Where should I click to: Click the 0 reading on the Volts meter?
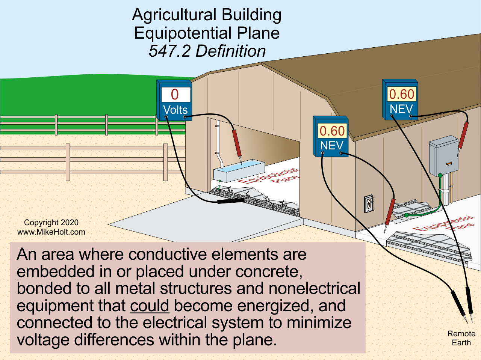(x=175, y=94)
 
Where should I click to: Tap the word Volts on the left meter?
(x=175, y=110)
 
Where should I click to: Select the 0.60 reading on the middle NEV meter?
(x=332, y=131)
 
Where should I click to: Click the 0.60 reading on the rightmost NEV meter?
(x=401, y=94)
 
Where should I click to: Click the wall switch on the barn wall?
(x=369, y=204)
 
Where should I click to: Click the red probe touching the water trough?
(x=237, y=144)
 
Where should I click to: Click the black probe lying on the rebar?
(x=230, y=202)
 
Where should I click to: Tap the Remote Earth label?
(x=461, y=338)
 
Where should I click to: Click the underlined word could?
(x=150, y=306)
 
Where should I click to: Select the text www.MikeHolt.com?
(x=51, y=232)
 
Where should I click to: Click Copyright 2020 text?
(x=51, y=223)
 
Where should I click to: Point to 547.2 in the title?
(x=169, y=51)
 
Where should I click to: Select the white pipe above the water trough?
(x=219, y=145)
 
